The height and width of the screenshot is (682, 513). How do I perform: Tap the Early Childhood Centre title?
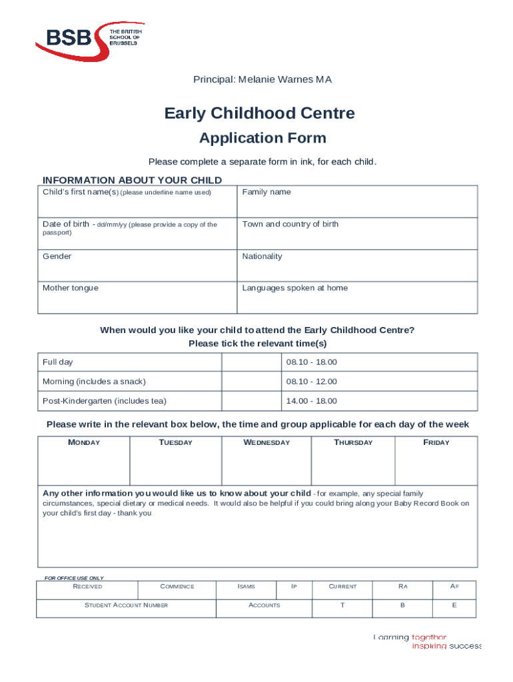tap(260, 114)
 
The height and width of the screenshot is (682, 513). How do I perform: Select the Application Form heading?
tap(262, 139)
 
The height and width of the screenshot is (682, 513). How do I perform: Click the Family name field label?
tap(266, 192)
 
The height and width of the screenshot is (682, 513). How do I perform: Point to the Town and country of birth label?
tap(290, 224)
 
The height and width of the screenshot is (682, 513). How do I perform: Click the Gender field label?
tap(57, 256)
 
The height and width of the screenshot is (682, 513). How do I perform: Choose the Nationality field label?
tap(262, 256)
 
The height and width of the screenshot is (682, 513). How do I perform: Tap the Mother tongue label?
tap(71, 288)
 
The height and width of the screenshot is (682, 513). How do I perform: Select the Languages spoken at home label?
tap(295, 288)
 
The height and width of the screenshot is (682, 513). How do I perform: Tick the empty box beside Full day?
tap(251, 362)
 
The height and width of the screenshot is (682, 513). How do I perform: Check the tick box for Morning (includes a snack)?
tap(251, 382)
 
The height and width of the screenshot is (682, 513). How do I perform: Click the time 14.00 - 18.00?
tap(312, 401)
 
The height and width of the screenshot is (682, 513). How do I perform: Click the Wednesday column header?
tap(266, 443)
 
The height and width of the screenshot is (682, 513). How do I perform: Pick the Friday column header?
tap(436, 443)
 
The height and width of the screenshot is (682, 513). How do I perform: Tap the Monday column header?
tap(84, 443)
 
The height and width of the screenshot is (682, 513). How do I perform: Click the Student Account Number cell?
tap(126, 605)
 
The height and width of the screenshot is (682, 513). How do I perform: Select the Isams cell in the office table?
tap(246, 587)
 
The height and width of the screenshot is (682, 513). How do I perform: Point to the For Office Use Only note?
tap(74, 578)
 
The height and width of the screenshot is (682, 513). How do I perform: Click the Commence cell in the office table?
tap(177, 587)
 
